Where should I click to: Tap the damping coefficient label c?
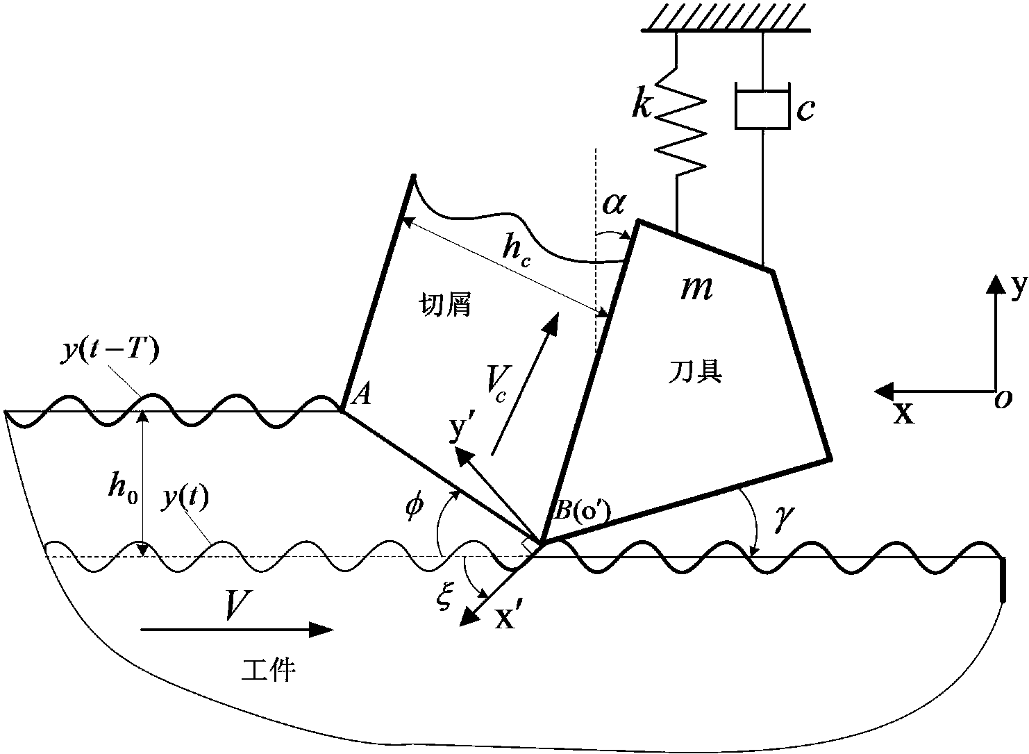click(805, 110)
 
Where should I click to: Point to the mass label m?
click(696, 289)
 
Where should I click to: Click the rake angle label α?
click(614, 204)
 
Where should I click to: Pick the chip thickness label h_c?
click(517, 253)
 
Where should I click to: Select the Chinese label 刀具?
click(694, 371)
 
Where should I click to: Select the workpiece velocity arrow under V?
click(237, 630)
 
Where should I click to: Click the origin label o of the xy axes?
click(1004, 400)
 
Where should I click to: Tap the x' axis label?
click(505, 619)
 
